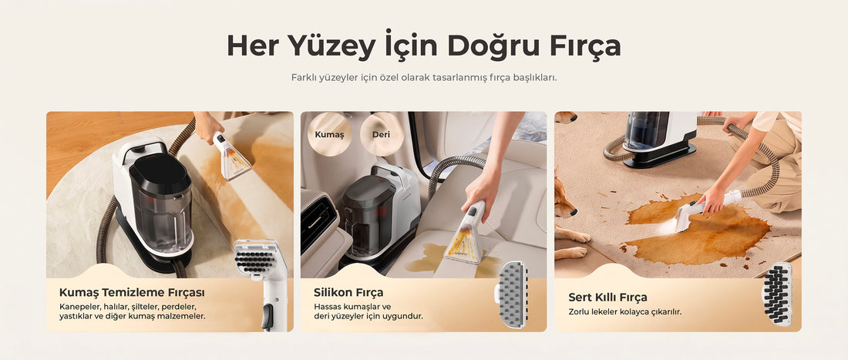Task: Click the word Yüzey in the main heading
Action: pyautogui.click(x=331, y=46)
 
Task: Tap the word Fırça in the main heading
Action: pyautogui.click(x=584, y=46)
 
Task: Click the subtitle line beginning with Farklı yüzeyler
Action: pyautogui.click(x=424, y=77)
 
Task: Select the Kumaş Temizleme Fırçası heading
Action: pyautogui.click(x=132, y=292)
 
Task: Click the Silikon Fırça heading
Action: pyautogui.click(x=348, y=292)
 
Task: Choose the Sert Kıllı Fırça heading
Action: pyautogui.click(x=607, y=298)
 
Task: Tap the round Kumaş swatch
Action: pyautogui.click(x=329, y=134)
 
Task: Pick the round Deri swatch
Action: pyautogui.click(x=382, y=134)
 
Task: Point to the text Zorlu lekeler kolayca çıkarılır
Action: pyautogui.click(x=624, y=312)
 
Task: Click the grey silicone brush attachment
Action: pyautogui.click(x=512, y=294)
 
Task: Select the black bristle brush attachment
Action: pyautogui.click(x=777, y=294)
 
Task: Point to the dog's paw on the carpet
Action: pyautogui.click(x=572, y=252)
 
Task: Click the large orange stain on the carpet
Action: pyautogui.click(x=698, y=230)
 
